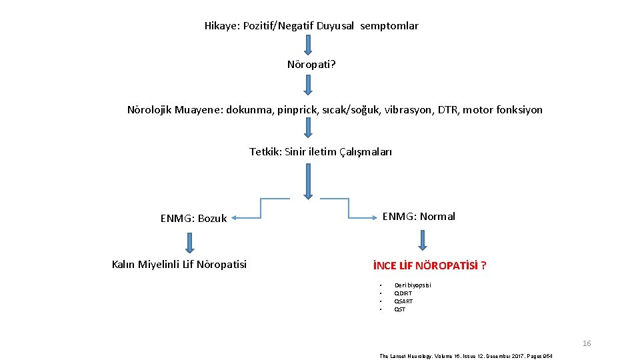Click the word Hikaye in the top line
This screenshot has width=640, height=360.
[221, 26]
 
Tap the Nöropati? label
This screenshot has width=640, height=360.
[311, 65]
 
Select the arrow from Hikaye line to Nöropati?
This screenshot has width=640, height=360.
[307, 45]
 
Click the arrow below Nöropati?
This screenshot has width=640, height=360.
[307, 85]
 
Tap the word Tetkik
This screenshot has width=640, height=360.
[265, 151]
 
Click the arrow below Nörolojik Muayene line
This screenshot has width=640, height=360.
[307, 127]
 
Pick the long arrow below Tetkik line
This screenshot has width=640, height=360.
[307, 181]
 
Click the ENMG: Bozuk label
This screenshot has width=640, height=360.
[193, 218]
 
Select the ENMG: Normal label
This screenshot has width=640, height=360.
[419, 216]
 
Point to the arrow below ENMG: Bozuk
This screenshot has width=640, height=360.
[189, 241]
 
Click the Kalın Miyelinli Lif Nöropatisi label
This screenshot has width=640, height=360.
[179, 265]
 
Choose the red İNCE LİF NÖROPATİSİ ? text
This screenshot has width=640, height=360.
[430, 265]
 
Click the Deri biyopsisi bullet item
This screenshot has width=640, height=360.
[413, 285]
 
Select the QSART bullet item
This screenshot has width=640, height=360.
[403, 301]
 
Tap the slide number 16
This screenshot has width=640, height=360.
[587, 343]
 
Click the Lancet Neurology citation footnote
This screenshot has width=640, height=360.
[466, 356]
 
